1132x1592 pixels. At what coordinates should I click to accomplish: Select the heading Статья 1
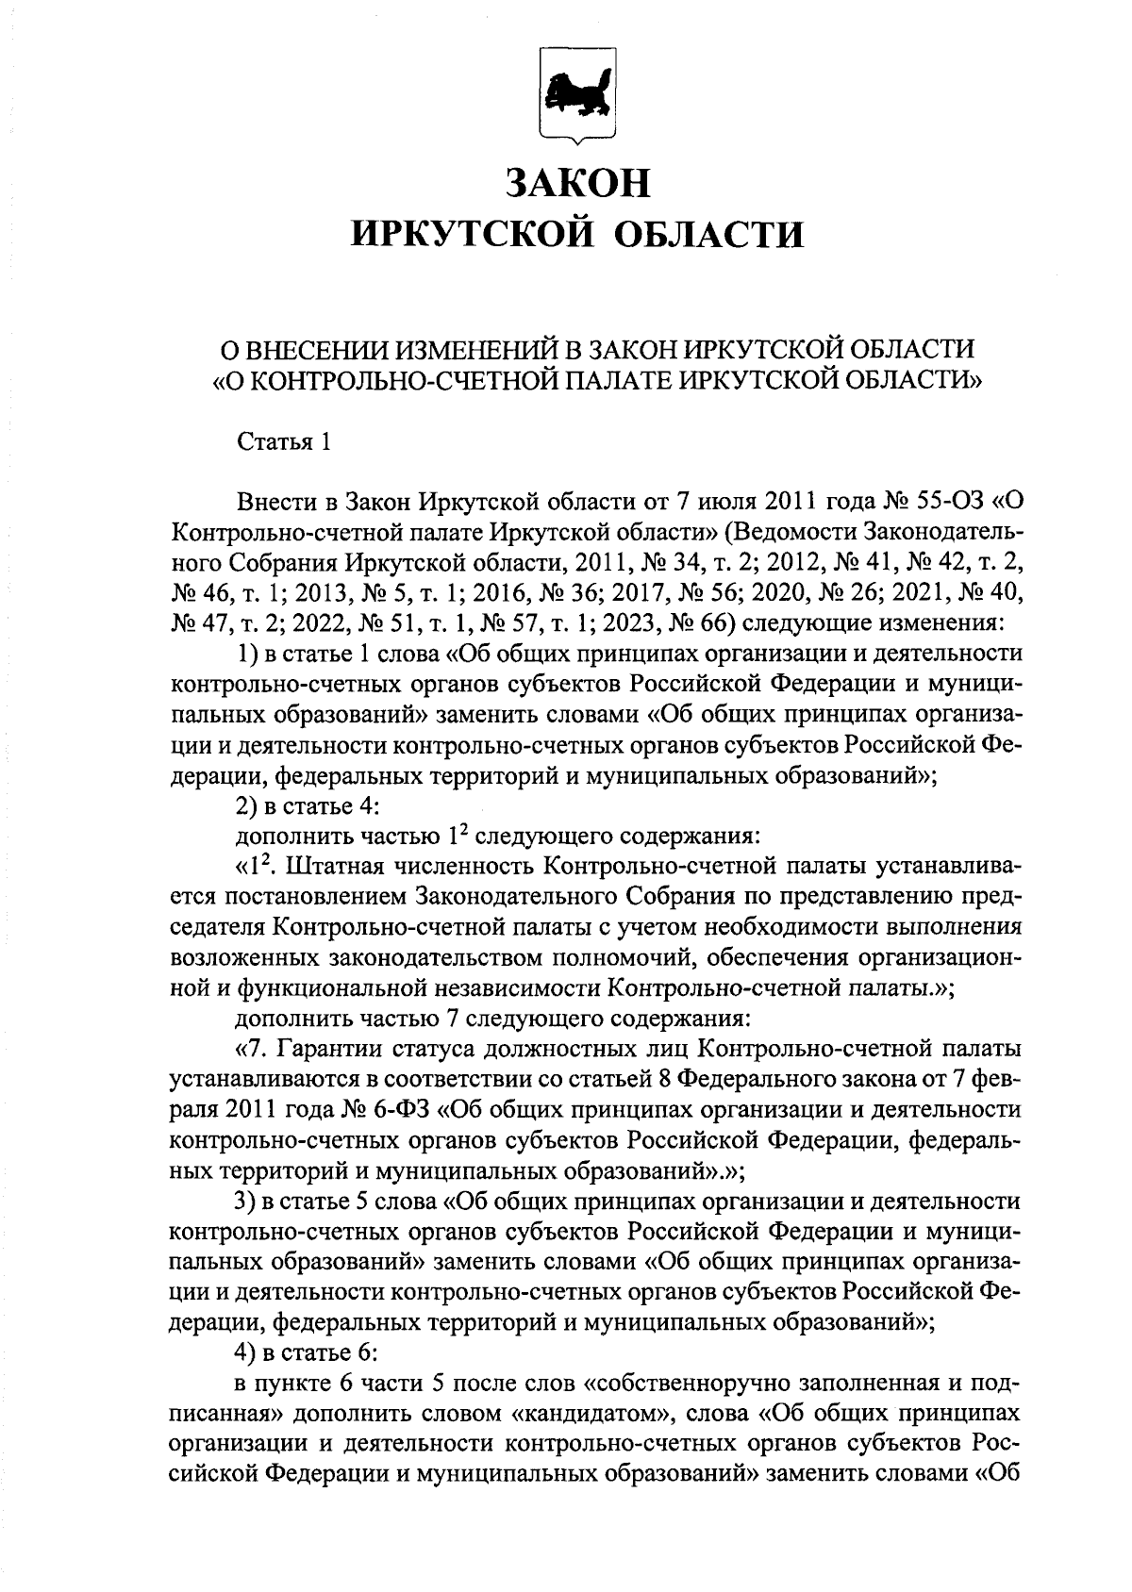pyautogui.click(x=284, y=441)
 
